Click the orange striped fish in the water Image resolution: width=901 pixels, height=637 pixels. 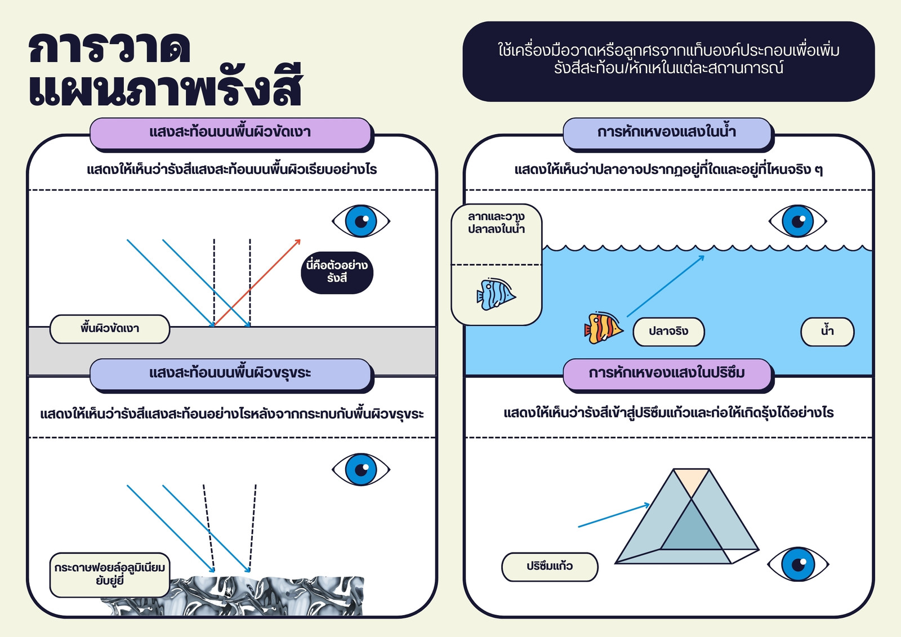[603, 328]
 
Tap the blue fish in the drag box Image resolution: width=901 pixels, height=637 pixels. [496, 294]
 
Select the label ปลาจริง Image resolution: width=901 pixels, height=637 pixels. [668, 332]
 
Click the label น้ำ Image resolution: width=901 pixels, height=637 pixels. [827, 332]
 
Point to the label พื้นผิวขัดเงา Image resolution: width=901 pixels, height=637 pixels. [110, 329]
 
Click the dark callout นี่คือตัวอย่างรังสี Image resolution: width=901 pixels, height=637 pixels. [337, 273]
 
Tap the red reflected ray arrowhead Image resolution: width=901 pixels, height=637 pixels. [298, 242]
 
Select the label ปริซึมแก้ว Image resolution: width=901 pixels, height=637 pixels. [550, 567]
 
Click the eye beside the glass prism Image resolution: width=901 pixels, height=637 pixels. [798, 564]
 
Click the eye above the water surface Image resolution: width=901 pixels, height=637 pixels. [797, 221]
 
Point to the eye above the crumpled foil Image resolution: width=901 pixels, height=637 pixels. [361, 469]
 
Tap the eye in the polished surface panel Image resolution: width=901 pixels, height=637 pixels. [361, 221]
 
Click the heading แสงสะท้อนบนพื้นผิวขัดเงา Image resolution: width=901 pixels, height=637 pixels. [230, 132]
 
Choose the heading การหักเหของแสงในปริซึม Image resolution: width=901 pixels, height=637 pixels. [667, 373]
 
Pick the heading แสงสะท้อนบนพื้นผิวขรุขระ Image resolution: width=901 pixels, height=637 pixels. [230, 373]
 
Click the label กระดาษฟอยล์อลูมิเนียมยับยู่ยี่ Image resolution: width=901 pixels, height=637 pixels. [110, 574]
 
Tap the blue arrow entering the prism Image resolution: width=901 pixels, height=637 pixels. [614, 515]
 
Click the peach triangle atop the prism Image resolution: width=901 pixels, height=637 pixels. [691, 482]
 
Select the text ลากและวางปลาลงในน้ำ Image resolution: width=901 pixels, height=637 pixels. [496, 223]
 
